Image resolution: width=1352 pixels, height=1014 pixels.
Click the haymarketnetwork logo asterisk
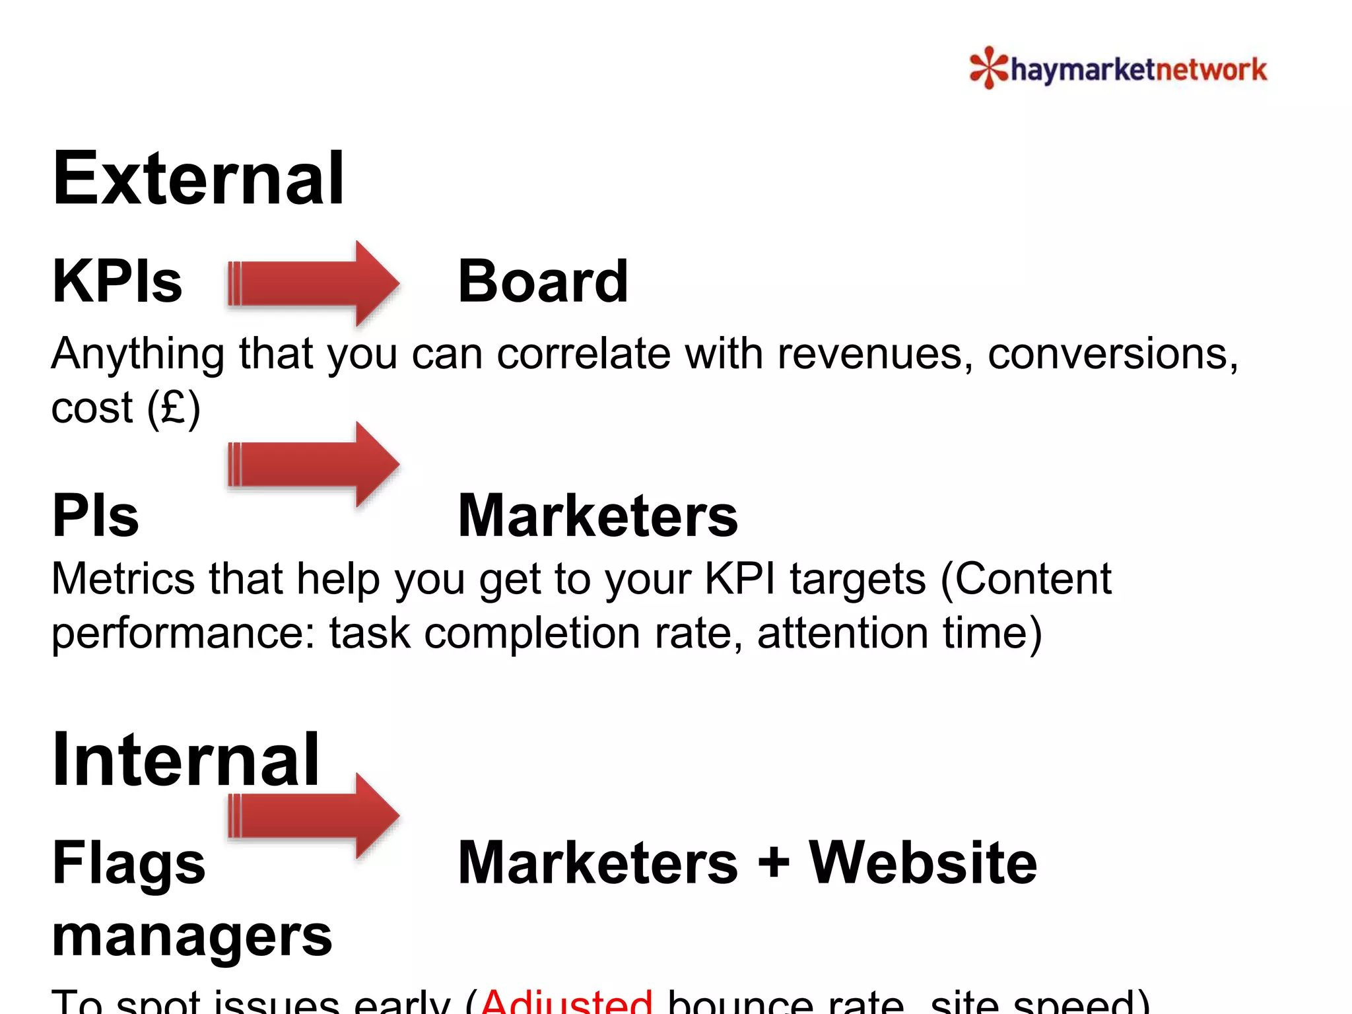[x=988, y=67]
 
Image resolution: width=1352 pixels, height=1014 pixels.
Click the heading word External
[x=198, y=179]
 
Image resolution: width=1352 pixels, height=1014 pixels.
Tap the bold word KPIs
[x=117, y=282]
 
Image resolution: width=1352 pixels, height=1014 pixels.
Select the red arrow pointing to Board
[x=313, y=284]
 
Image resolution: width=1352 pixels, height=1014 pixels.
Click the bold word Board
[x=543, y=282]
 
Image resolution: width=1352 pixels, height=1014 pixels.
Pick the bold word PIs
[x=96, y=516]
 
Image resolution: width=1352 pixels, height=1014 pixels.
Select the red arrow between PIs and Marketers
[x=313, y=464]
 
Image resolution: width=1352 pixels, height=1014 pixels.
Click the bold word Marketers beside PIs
[x=597, y=516]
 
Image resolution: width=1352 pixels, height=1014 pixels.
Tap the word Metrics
[x=123, y=579]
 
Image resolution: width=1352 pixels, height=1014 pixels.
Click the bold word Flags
[x=129, y=863]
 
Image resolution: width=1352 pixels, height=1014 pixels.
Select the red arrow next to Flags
[x=313, y=816]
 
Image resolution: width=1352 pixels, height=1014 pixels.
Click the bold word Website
[x=922, y=863]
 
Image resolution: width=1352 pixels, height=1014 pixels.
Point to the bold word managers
[x=191, y=936]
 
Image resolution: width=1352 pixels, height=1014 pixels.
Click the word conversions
[x=1112, y=354]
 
